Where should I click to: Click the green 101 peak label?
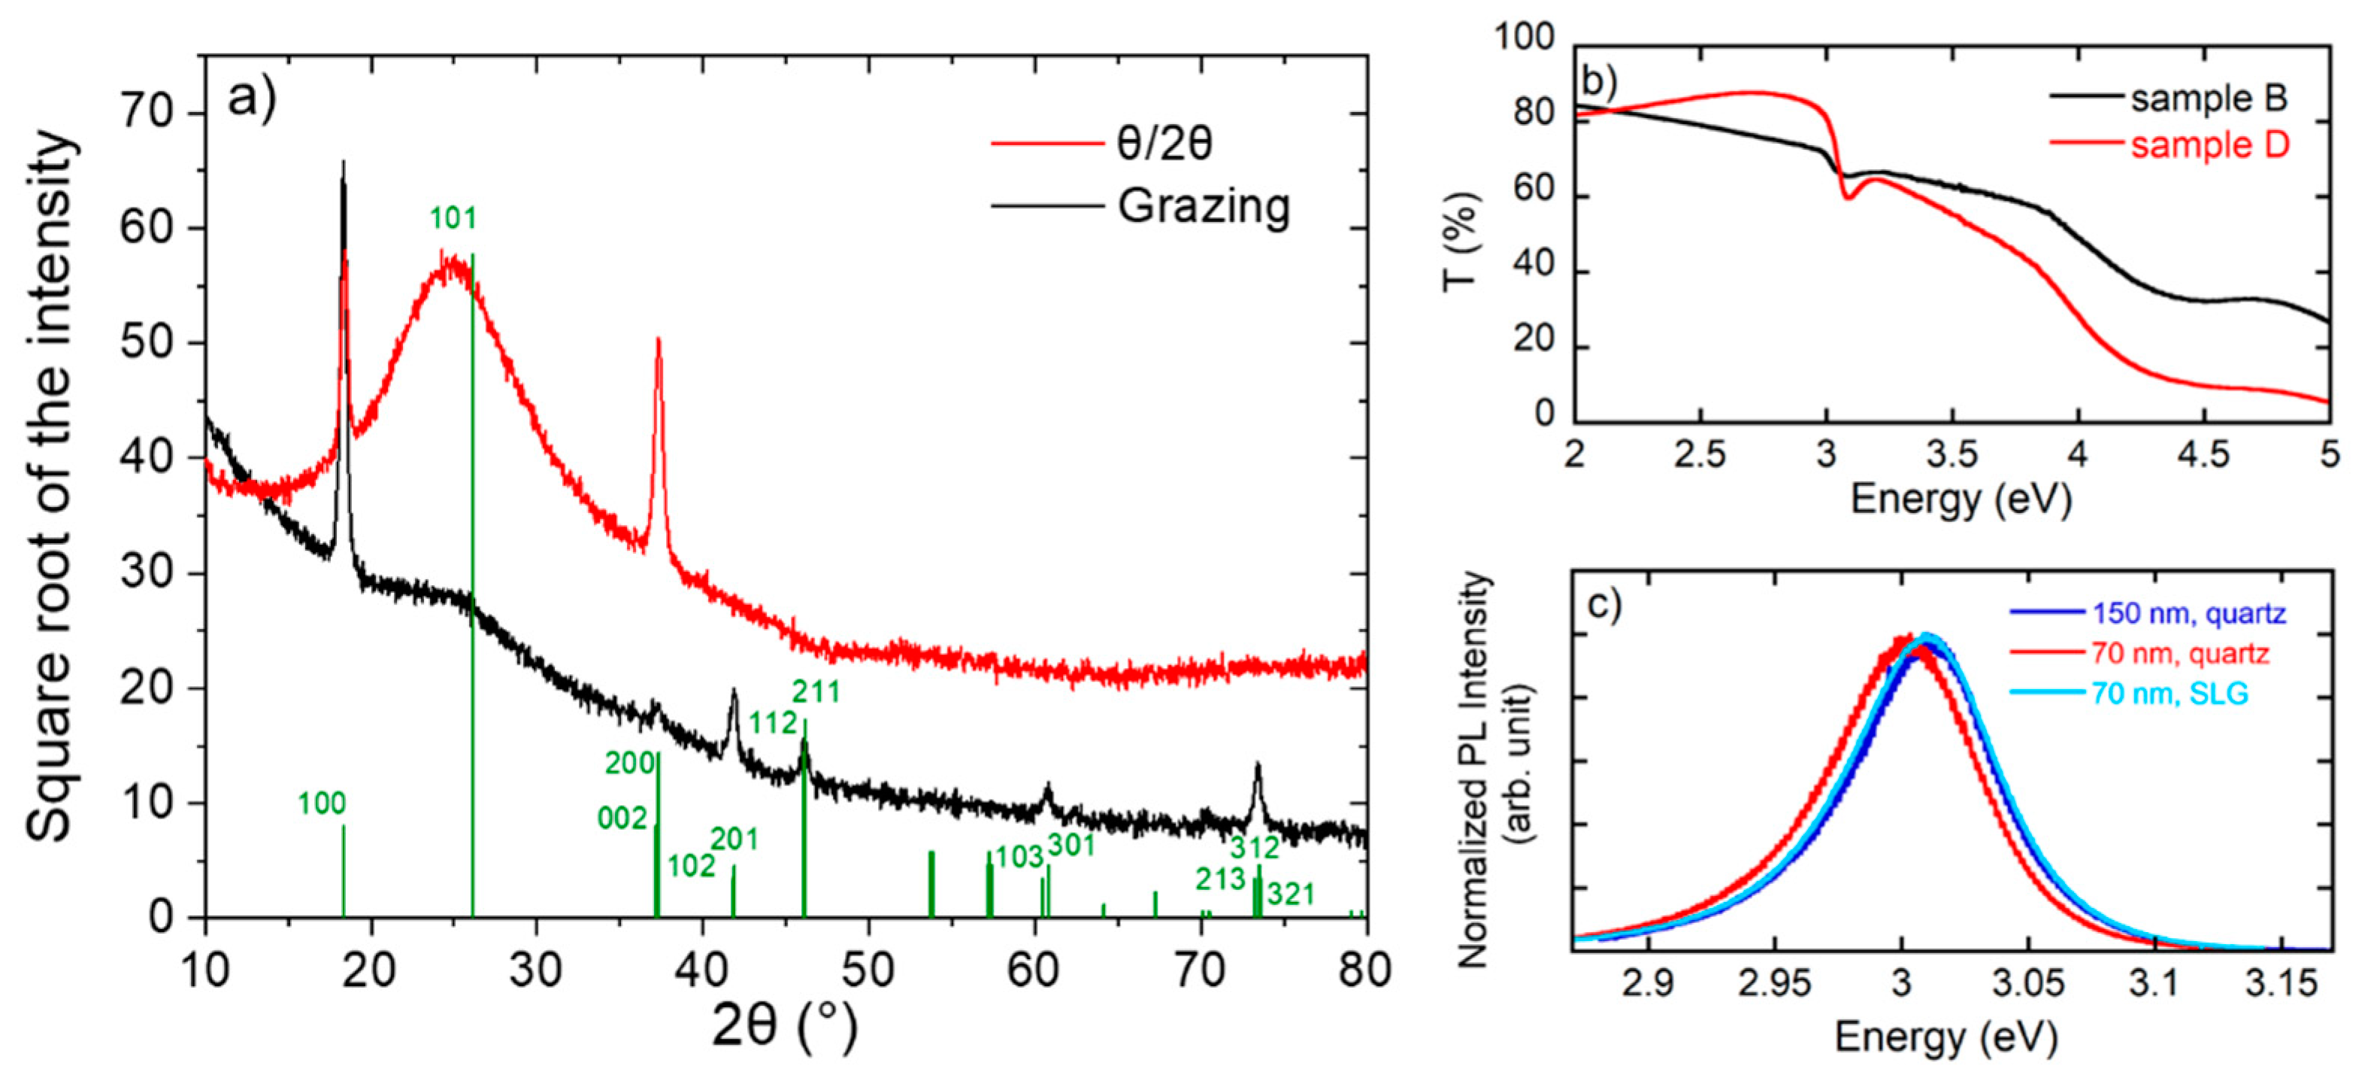coord(453,219)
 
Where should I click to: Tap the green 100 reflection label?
coord(321,803)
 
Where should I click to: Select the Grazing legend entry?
coord(1202,206)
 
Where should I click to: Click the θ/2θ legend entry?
coord(1164,144)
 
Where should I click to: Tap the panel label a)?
coord(251,96)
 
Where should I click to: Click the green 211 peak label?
coord(816,691)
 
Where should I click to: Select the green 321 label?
coord(1291,894)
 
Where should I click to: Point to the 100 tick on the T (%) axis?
coord(1523,38)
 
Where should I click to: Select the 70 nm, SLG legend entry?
coord(2170,694)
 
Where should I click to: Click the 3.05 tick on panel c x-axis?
coord(2028,984)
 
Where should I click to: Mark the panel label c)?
coord(1604,605)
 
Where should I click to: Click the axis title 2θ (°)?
coord(784,1025)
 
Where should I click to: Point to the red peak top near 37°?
coord(659,339)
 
